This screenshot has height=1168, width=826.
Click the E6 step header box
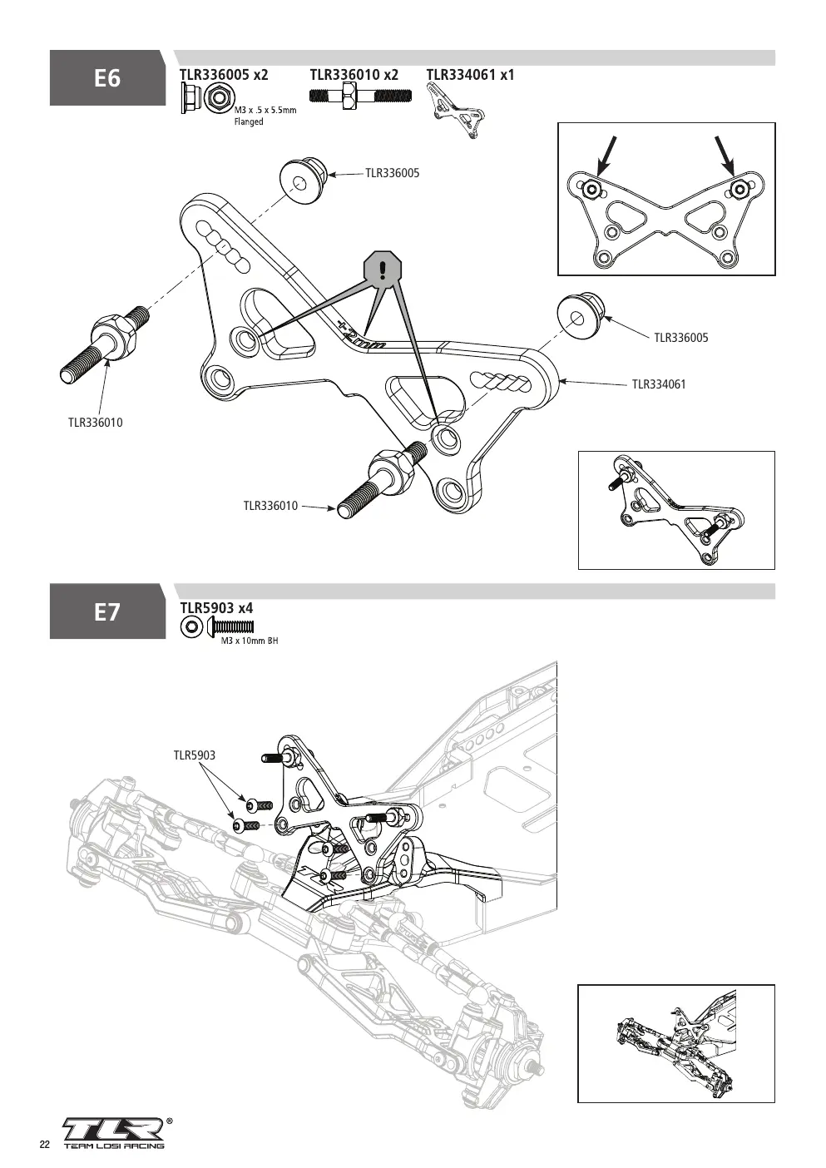(107, 78)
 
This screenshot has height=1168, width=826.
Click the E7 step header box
(107, 611)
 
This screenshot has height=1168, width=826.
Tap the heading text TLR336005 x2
(224, 75)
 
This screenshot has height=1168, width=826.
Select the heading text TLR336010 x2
(354, 75)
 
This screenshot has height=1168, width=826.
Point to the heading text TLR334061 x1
(470, 75)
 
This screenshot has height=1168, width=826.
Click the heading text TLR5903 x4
(216, 608)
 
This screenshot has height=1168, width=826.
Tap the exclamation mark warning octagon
(383, 270)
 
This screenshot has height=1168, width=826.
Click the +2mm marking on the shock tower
(361, 337)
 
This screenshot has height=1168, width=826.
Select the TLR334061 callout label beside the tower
(659, 384)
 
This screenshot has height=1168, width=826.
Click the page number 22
(45, 1144)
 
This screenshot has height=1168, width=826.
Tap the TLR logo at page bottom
(114, 1129)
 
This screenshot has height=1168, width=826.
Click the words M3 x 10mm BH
(250, 641)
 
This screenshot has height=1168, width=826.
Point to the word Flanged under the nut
(249, 122)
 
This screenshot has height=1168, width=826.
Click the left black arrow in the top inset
(606, 156)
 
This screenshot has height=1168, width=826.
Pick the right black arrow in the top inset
(725, 156)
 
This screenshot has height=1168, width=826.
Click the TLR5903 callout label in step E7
(194, 755)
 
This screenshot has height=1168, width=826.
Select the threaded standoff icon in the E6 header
(360, 97)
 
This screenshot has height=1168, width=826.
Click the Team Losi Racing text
(114, 1146)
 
